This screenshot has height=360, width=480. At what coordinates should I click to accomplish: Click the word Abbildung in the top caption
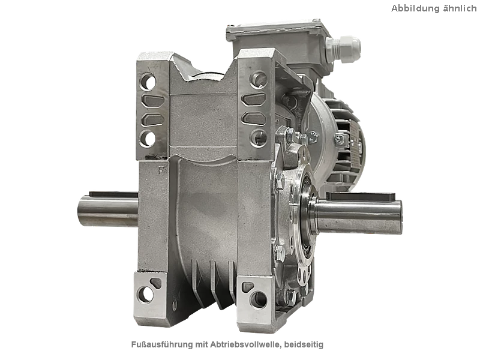(x=414, y=8)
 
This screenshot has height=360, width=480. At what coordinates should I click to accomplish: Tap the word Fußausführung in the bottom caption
(x=162, y=344)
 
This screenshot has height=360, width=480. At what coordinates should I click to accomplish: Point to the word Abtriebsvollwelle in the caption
(x=245, y=344)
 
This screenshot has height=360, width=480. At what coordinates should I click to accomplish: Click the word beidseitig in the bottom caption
(x=304, y=344)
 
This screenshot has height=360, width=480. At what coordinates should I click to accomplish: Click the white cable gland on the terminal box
(x=343, y=49)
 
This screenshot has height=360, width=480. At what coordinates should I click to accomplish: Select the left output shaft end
(x=82, y=211)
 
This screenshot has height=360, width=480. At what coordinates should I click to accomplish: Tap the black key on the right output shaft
(x=361, y=196)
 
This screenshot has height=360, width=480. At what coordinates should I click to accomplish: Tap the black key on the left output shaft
(x=113, y=194)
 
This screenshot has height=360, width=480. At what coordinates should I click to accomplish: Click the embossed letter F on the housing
(x=161, y=170)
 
